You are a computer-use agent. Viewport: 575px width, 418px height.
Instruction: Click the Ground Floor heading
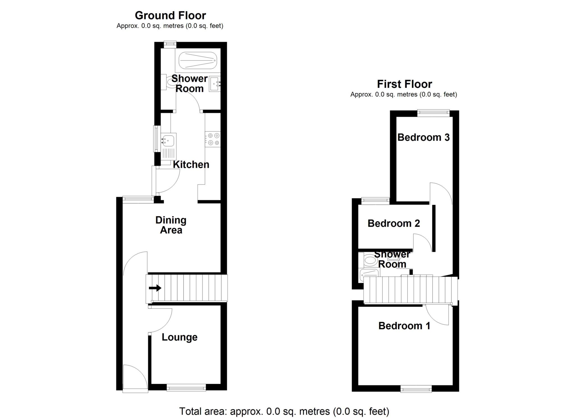pyautogui.click(x=170, y=15)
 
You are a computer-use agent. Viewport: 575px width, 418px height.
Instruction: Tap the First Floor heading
pyautogui.click(x=404, y=84)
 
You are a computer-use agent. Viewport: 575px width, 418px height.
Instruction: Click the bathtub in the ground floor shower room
pyautogui.click(x=198, y=60)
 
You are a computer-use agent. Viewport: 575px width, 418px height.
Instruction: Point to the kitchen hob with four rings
pyautogui.click(x=213, y=139)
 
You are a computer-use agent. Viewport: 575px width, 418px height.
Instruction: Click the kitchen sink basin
pyautogui.click(x=168, y=140)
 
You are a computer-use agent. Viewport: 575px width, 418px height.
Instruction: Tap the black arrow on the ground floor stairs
pyautogui.click(x=155, y=288)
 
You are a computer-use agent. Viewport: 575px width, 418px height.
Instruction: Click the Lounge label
pyautogui.click(x=179, y=337)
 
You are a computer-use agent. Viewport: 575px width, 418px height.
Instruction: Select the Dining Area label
pyautogui.click(x=171, y=225)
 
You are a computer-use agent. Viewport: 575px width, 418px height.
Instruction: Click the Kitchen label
pyautogui.click(x=191, y=165)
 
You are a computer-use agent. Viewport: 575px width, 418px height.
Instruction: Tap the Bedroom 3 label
pyautogui.click(x=423, y=137)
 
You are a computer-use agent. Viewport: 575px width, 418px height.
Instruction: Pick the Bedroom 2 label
pyautogui.click(x=394, y=223)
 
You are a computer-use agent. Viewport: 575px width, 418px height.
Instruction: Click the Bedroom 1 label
pyautogui.click(x=404, y=326)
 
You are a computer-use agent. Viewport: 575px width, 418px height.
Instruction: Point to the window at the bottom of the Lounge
pyautogui.click(x=186, y=388)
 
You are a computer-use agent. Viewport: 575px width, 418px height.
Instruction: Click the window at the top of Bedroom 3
pyautogui.click(x=433, y=113)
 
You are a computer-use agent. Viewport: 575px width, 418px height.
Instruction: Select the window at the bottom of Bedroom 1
pyautogui.click(x=416, y=389)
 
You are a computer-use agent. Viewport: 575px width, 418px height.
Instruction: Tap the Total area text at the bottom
pyautogui.click(x=284, y=411)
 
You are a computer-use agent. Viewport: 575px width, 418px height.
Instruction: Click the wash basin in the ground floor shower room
pyautogui.click(x=215, y=84)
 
